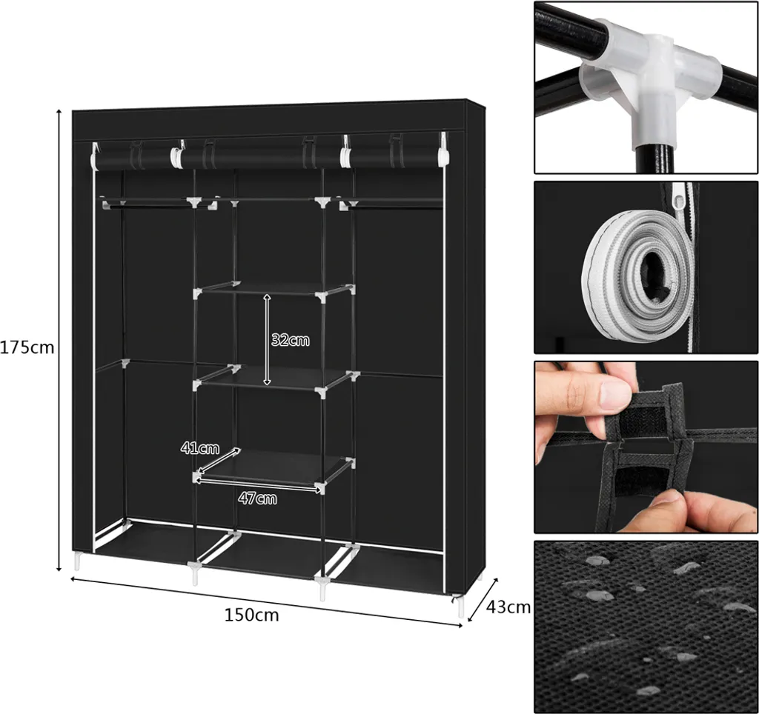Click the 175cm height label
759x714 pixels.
click(27, 348)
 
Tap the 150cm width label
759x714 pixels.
click(252, 615)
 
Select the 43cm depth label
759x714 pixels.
click(508, 607)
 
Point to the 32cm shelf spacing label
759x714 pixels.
click(290, 340)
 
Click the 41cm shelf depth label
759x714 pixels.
click(200, 448)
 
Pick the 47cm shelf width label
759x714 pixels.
click(257, 498)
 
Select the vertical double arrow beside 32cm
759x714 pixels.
click(267, 339)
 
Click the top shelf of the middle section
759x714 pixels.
click(274, 290)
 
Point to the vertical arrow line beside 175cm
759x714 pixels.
click(59, 340)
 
